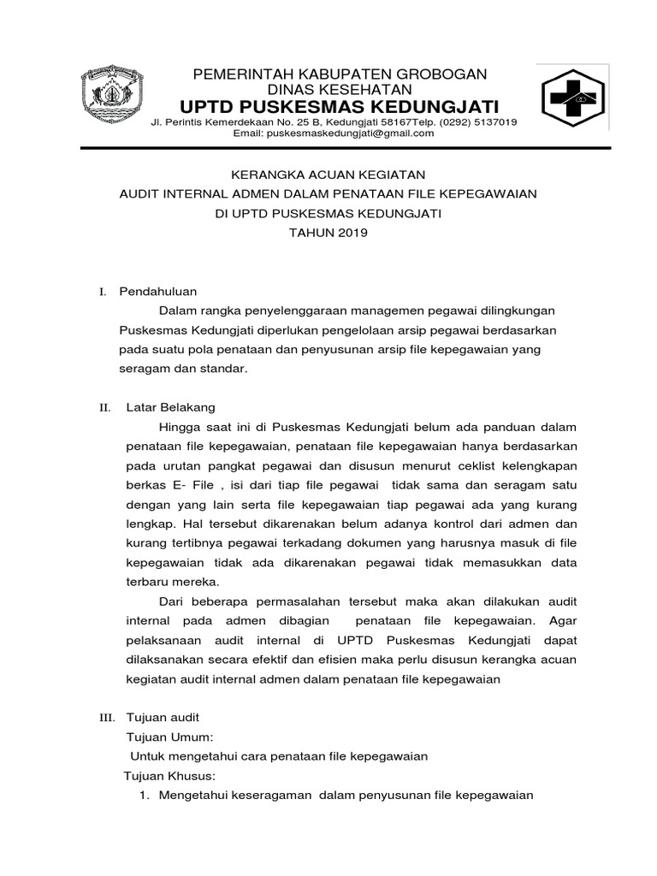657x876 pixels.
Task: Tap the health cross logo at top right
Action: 573,99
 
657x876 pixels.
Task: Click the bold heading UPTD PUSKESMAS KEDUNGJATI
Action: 340,107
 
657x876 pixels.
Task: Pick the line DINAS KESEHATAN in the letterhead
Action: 340,90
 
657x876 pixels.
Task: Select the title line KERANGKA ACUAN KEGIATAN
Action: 328,175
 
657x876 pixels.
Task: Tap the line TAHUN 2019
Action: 328,233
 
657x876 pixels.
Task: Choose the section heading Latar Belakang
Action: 171,407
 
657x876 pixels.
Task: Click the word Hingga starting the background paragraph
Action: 179,427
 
